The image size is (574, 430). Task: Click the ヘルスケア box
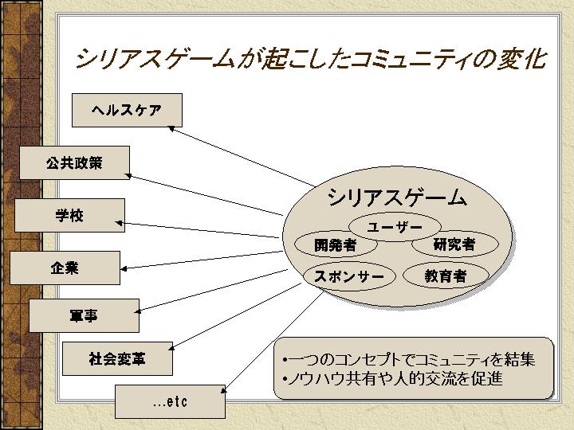tap(127, 110)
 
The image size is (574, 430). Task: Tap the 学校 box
tap(69, 215)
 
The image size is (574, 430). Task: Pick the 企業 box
tap(65, 268)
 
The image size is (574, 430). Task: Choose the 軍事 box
tap(84, 315)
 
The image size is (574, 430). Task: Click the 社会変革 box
tap(117, 359)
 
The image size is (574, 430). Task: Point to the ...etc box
tap(170, 401)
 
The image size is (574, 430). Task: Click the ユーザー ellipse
tap(395, 227)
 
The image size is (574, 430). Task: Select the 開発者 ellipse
tap(335, 245)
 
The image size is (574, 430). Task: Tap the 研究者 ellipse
tap(454, 244)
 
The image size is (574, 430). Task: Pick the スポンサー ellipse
tap(349, 276)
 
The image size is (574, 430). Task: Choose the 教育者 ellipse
tap(445, 276)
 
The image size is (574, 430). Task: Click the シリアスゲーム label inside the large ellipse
tap(396, 198)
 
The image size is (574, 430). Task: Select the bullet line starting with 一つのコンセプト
tap(408, 360)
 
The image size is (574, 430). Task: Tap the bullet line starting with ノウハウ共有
tap(392, 379)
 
